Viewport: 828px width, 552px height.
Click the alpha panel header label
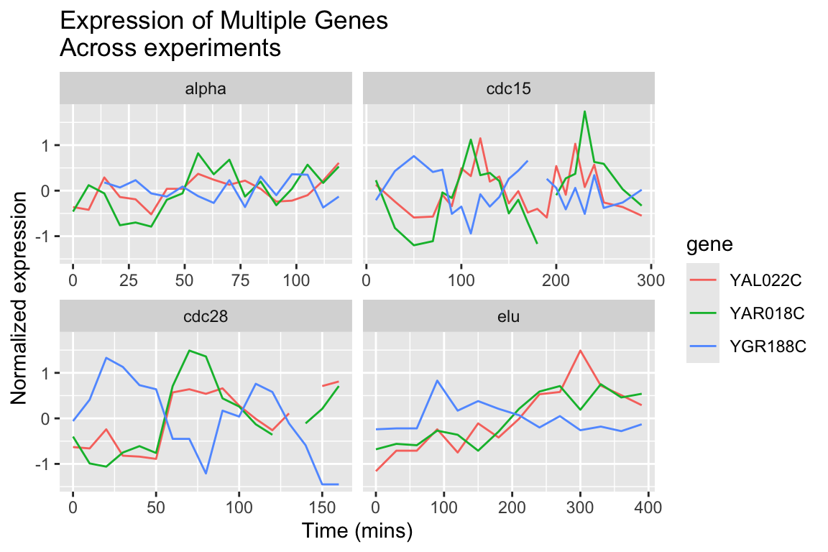tap(206, 88)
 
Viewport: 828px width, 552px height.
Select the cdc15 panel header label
tap(509, 88)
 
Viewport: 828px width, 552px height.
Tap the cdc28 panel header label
tap(206, 316)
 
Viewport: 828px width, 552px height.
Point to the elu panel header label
tap(509, 316)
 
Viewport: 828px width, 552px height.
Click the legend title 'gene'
tap(709, 244)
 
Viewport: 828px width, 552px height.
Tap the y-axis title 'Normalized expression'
tap(19, 298)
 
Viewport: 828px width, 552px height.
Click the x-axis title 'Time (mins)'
tap(357, 531)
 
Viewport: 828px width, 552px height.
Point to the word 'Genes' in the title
tap(353, 21)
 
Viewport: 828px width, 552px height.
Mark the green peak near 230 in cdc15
tap(584, 111)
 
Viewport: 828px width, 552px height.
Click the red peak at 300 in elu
tap(580, 350)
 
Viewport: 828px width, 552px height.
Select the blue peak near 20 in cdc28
tap(106, 358)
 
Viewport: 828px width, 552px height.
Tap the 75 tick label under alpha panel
tap(240, 280)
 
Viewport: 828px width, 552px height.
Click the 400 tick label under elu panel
tap(648, 507)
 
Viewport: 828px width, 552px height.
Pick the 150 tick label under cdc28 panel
tap(321, 507)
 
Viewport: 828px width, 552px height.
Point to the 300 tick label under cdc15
tap(650, 280)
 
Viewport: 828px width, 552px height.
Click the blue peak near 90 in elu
tap(437, 380)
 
